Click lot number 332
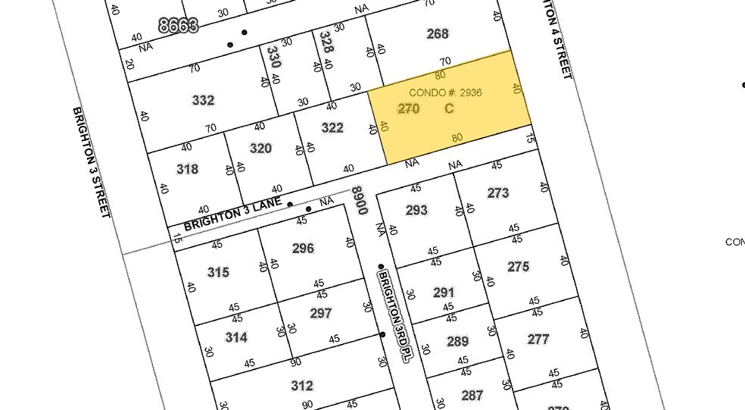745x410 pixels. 203,100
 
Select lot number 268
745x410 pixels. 438,33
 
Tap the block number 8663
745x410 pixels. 179,26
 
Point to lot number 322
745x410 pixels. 332,127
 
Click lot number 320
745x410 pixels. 260,148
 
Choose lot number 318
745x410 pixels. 187,168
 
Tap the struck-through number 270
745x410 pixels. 408,108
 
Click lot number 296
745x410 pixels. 303,248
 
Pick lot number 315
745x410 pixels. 218,272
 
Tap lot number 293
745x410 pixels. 416,210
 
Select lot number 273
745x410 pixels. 498,192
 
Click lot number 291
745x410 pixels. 444,293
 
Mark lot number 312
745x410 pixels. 301,386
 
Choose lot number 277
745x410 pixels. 538,339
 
